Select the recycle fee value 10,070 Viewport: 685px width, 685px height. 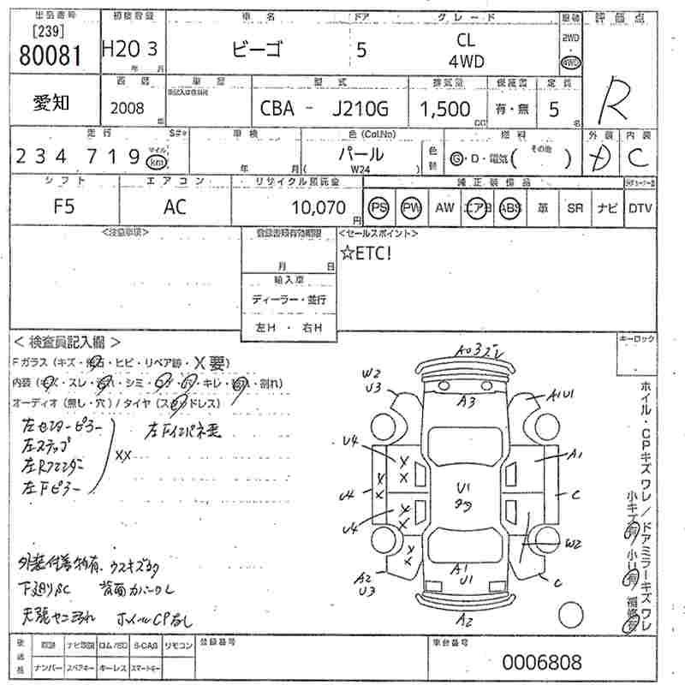tap(318, 207)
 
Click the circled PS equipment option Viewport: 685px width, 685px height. tap(378, 208)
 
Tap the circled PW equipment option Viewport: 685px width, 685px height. tap(412, 208)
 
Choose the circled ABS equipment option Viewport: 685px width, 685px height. tap(510, 208)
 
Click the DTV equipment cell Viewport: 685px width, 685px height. tap(640, 208)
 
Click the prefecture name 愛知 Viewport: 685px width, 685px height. tap(51, 103)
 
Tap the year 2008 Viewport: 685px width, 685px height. tap(128, 109)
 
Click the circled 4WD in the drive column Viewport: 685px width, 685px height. tap(570, 63)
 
